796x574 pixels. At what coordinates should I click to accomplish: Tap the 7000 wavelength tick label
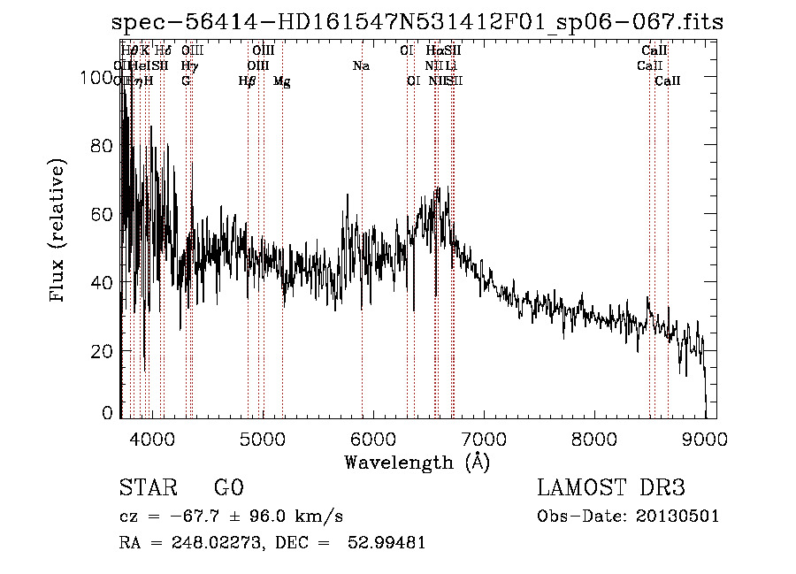[484, 438]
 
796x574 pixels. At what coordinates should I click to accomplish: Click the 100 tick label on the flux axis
[98, 78]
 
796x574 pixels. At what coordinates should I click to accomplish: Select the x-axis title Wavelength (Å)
[417, 462]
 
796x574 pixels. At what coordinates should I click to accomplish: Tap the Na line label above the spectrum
[361, 65]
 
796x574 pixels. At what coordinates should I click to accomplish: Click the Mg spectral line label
[281, 81]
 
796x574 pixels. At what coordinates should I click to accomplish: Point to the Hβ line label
[247, 81]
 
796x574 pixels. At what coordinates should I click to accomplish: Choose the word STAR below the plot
[147, 488]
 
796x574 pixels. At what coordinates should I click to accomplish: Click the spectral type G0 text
[228, 488]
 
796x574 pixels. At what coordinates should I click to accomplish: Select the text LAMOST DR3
[611, 488]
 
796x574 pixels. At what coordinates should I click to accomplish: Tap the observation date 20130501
[682, 516]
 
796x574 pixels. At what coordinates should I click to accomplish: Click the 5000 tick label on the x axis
[261, 438]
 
